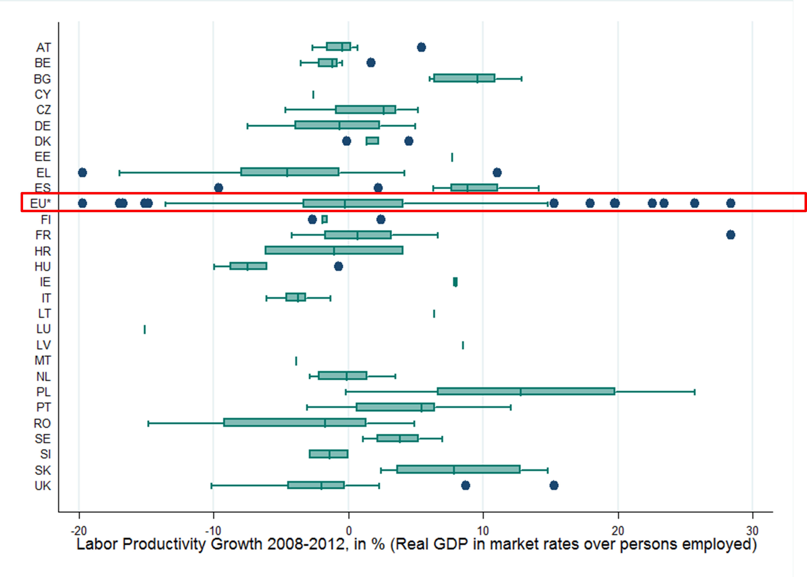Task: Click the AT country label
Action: [43, 47]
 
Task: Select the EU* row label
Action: [40, 203]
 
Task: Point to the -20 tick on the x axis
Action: [79, 531]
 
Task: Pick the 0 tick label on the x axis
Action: [349, 531]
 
